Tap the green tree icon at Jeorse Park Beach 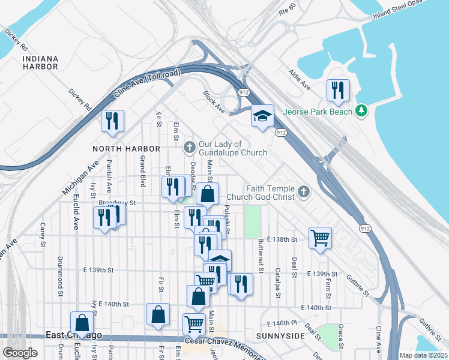(361, 110)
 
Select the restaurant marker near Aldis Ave (338, 91)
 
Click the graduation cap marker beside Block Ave (262, 116)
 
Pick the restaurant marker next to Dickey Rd (112, 121)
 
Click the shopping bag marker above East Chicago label (82, 322)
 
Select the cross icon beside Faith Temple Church (304, 191)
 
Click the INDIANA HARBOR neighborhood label (40, 62)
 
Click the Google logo (20, 352)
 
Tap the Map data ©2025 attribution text (423, 355)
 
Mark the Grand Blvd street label (143, 170)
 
